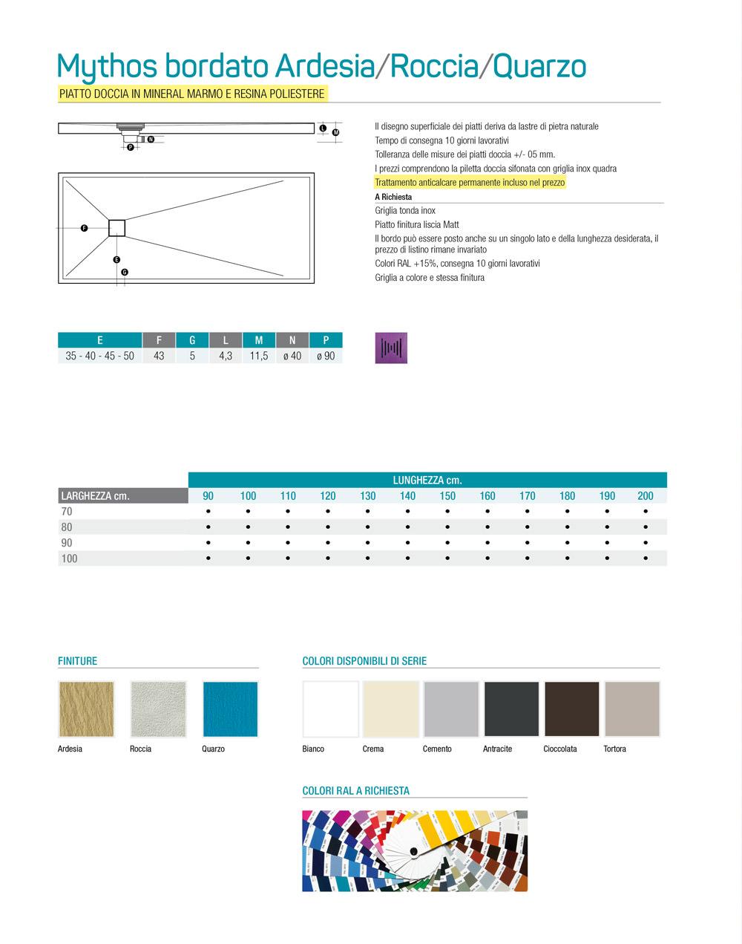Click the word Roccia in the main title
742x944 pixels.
(x=433, y=67)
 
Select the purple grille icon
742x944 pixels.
(x=391, y=348)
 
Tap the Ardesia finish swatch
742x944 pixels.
(x=86, y=709)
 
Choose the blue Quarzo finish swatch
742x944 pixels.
(x=230, y=709)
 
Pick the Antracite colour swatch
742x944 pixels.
(x=512, y=709)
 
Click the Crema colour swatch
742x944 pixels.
(x=391, y=709)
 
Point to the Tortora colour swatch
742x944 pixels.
(x=632, y=709)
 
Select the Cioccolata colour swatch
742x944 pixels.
(x=572, y=709)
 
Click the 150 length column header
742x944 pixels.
(x=447, y=496)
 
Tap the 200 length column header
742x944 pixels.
(x=646, y=496)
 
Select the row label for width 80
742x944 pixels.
(x=67, y=527)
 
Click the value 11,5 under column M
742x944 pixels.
(x=259, y=357)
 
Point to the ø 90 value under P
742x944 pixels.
(x=326, y=357)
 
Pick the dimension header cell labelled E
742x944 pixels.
(x=99, y=340)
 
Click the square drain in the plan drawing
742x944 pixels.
(x=118, y=227)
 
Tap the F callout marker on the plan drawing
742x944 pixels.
(x=84, y=228)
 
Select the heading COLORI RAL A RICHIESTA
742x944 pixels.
(x=356, y=791)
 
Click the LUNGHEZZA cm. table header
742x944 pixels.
(x=427, y=481)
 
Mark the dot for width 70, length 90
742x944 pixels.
(x=209, y=512)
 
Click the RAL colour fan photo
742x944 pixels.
(x=415, y=851)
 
